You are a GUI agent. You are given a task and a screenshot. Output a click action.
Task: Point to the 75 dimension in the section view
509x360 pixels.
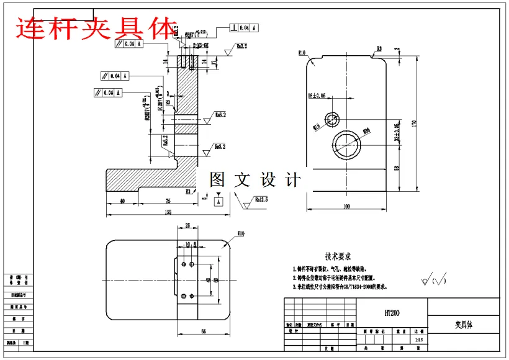coord(168,201)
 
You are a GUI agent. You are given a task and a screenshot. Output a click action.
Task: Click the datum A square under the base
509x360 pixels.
coord(218,202)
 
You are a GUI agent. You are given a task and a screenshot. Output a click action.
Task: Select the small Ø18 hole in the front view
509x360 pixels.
coord(331,119)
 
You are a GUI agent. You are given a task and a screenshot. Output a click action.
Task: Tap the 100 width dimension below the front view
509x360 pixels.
coord(346,206)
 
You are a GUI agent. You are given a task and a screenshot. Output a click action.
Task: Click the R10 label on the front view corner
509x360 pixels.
coord(303,53)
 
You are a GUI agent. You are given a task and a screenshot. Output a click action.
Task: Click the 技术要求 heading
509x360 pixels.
coord(338,256)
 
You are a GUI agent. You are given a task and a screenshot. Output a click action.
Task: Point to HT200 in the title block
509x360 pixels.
coord(392,313)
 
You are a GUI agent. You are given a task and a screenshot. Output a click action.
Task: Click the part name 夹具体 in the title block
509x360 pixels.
coord(464,325)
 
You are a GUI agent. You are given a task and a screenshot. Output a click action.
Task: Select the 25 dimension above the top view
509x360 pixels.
coord(188,226)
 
